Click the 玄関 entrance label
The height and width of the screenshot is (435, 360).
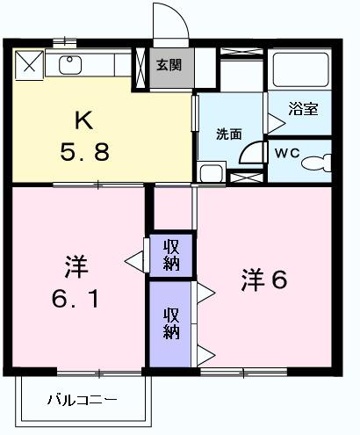[x=169, y=65]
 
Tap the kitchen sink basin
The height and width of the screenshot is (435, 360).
[x=70, y=65]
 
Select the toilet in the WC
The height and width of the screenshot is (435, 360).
[x=316, y=163]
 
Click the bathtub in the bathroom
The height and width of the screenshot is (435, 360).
[x=300, y=69]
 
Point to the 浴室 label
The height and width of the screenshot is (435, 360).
[x=303, y=108]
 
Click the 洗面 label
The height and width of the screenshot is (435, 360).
[x=229, y=134]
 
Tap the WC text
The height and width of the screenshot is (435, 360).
[x=287, y=153]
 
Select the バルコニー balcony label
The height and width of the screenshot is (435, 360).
[x=83, y=400]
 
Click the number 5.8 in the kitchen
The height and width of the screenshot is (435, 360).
[x=85, y=151]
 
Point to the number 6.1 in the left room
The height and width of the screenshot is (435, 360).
[x=75, y=298]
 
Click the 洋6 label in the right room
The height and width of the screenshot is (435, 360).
[x=264, y=280]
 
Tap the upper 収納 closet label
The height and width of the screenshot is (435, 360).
[x=171, y=255]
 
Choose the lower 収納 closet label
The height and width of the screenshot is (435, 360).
[x=171, y=323]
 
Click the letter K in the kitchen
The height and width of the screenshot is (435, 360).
[x=84, y=120]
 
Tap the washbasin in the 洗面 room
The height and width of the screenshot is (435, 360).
[x=212, y=172]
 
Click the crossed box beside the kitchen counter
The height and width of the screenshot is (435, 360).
[x=29, y=65]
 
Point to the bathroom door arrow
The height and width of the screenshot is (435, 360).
[x=277, y=123]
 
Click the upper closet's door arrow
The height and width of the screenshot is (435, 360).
[x=134, y=260]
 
